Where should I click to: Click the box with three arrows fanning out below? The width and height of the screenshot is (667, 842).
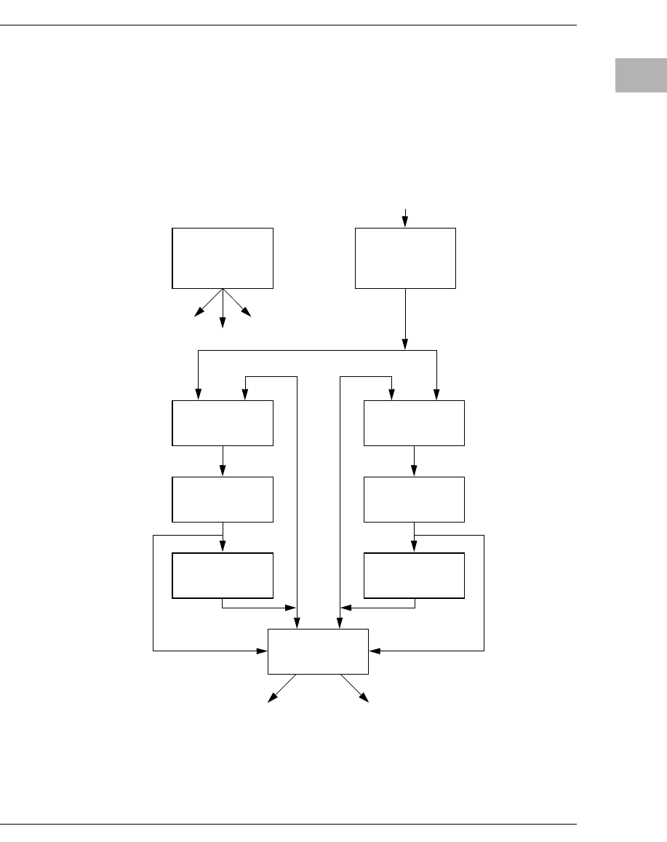223,258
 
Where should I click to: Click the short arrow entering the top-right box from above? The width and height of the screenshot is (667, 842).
405,218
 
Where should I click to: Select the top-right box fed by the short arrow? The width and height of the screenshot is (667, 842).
405,258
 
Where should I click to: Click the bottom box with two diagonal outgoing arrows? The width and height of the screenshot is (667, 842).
319,651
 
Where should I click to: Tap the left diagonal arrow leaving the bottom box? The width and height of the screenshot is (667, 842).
282,688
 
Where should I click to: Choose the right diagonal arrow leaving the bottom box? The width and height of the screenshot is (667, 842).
354,688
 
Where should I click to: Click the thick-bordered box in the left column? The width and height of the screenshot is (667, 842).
223,575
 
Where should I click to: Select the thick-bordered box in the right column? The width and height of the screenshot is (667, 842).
414,575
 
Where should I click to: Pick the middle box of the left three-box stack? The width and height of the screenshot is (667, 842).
223,499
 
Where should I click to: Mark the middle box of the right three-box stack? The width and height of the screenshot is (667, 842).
414,499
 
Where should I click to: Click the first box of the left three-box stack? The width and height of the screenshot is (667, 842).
223,423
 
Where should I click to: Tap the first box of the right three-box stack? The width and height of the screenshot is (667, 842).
414,423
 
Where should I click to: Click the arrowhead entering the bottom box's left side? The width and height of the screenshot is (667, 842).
263,651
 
